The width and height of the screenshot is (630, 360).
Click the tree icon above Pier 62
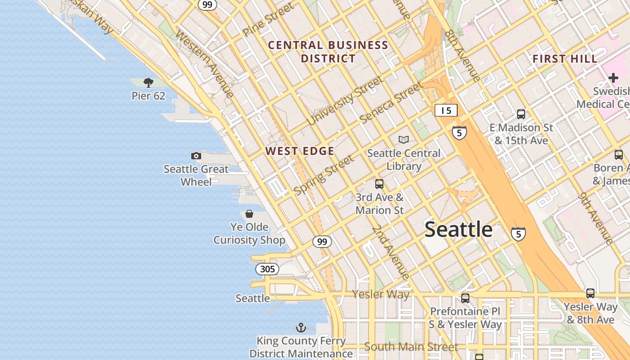pyautogui.click(x=148, y=82)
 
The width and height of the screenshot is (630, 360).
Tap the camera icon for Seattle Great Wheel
pyautogui.click(x=196, y=156)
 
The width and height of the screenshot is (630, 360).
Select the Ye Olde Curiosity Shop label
pyautogui.click(x=249, y=234)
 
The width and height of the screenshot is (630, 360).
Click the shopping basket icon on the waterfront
pyautogui.click(x=249, y=214)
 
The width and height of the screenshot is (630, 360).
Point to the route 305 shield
pyautogui.click(x=267, y=269)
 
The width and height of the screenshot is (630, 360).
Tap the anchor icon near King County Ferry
pyautogui.click(x=301, y=328)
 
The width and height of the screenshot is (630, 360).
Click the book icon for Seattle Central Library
pyautogui.click(x=404, y=139)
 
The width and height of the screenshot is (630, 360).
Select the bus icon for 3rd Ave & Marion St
pyautogui.click(x=379, y=184)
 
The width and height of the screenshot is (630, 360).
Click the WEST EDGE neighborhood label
pyautogui.click(x=300, y=151)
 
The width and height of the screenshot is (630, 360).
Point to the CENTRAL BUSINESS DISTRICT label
pyautogui.click(x=328, y=52)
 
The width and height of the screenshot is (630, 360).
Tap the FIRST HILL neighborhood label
pyautogui.click(x=565, y=59)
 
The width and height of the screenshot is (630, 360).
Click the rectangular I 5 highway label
pyautogui.click(x=446, y=110)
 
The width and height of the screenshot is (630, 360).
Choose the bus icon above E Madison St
pyautogui.click(x=521, y=114)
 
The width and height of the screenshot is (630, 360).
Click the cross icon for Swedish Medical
pyautogui.click(x=613, y=78)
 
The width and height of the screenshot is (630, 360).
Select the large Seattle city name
pyautogui.click(x=459, y=229)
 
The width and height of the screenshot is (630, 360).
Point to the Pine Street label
pyautogui.click(x=268, y=20)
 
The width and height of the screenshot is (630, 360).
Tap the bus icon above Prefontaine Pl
pyautogui.click(x=465, y=298)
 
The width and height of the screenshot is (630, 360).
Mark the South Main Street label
pyautogui.click(x=411, y=347)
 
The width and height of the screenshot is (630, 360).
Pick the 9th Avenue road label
pyautogui.click(x=596, y=218)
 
